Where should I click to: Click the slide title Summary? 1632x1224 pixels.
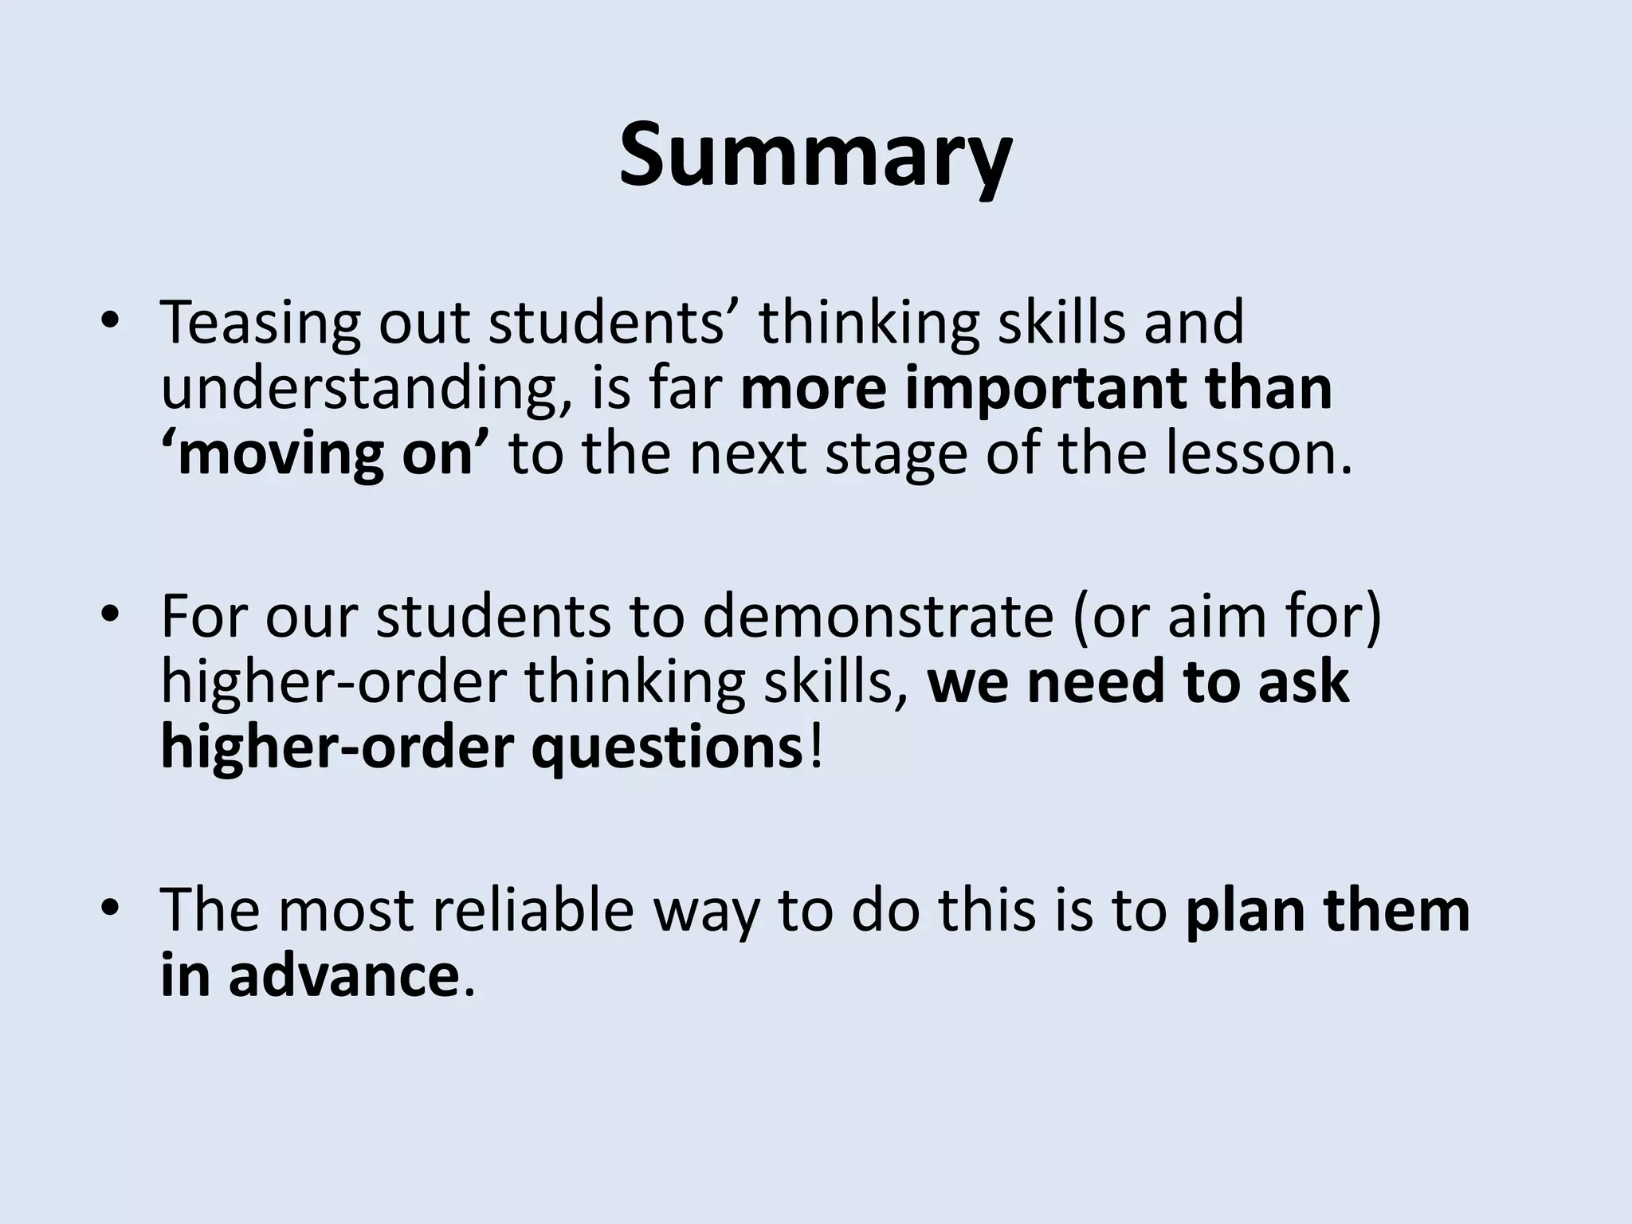[x=815, y=155]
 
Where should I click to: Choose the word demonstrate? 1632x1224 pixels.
[x=877, y=617]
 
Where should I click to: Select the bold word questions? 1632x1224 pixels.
[x=666, y=749]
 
